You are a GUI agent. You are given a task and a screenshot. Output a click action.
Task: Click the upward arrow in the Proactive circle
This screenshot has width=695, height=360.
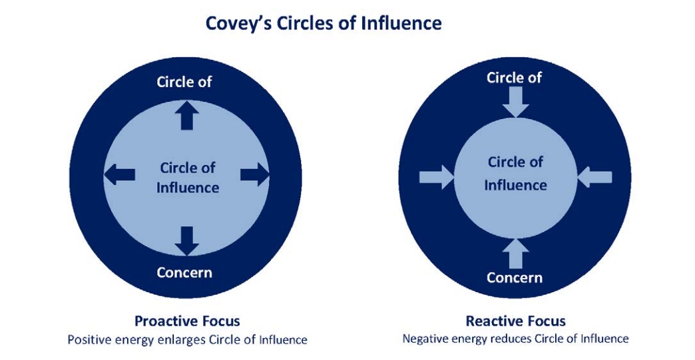(186, 116)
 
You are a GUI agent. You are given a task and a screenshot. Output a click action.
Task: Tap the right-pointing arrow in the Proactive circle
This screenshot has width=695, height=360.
(254, 176)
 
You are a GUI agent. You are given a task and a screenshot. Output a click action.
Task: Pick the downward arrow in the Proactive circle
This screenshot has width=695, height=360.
(186, 240)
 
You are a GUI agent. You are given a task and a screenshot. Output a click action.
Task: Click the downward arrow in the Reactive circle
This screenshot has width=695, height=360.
(515, 103)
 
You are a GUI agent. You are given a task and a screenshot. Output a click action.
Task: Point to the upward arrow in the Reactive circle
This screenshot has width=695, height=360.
(515, 254)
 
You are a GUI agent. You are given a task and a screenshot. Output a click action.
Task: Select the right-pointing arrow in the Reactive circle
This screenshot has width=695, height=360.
(437, 177)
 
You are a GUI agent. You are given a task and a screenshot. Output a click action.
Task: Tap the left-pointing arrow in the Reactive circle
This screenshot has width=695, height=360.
(594, 177)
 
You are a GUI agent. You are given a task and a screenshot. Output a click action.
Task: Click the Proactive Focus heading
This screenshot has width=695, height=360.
(187, 321)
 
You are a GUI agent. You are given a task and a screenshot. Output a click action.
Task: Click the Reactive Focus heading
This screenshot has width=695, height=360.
(515, 321)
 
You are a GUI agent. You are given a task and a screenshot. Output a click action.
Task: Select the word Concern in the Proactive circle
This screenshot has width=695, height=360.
(184, 272)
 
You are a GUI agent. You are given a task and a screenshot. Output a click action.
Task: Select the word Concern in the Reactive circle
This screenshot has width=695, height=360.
(515, 277)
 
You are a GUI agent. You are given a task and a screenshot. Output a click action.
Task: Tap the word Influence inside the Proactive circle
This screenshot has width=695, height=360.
(188, 188)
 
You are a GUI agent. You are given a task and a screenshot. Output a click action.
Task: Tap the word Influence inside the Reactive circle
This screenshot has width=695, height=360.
(515, 184)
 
